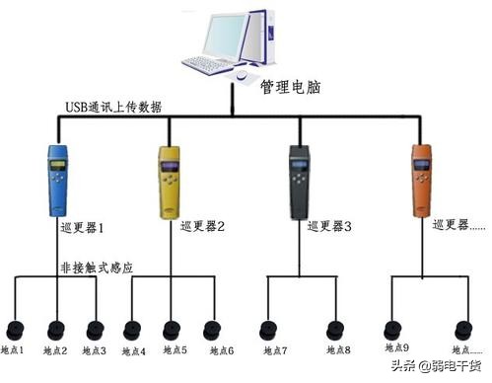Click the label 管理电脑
coord(288,87)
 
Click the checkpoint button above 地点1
coord(17,329)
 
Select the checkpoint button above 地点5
coord(172,329)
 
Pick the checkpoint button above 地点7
coord(265,329)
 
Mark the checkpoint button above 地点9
coord(393,329)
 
